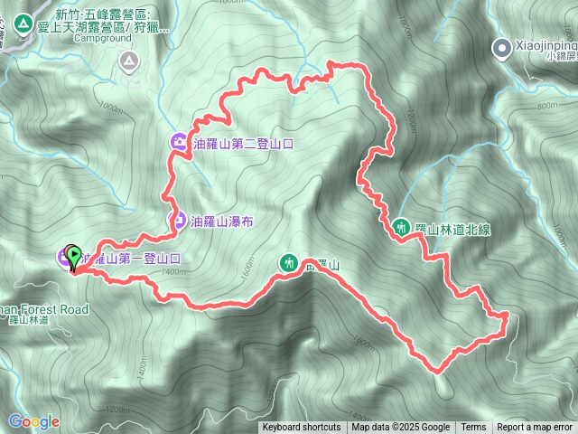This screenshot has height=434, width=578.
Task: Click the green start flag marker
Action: [72, 256]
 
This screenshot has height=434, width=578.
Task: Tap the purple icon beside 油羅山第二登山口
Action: [179, 142]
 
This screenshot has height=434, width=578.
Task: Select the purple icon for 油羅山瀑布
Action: [179, 220]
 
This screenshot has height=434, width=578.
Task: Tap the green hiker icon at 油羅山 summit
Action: [288, 263]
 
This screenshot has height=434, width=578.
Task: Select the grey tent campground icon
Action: [128, 61]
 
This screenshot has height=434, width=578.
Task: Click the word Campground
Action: [101, 39]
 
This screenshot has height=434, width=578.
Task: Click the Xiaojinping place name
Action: [545, 42]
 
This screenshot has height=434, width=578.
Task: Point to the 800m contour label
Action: [547, 106]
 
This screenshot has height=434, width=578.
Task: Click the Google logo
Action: [34, 421]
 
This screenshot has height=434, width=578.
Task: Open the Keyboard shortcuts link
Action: [301, 428]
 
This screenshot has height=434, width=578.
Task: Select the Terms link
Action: [473, 428]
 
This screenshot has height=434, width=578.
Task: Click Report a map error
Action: [535, 428]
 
